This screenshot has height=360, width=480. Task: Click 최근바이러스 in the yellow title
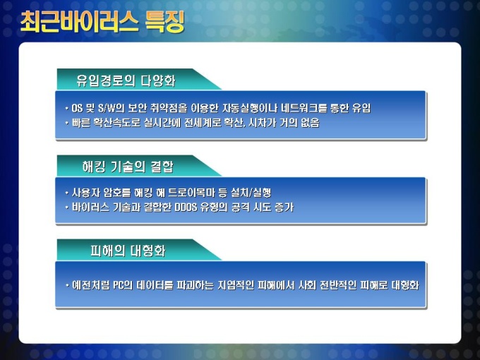78,22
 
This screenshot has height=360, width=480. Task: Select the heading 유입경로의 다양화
126,80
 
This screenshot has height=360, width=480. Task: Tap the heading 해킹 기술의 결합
128,167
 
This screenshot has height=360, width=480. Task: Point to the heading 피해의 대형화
128,251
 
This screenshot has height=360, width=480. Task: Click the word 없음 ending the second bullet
311,123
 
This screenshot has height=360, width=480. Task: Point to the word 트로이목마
191,193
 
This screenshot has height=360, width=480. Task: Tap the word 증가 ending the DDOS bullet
284,208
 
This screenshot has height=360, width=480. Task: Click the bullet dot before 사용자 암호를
67,193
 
